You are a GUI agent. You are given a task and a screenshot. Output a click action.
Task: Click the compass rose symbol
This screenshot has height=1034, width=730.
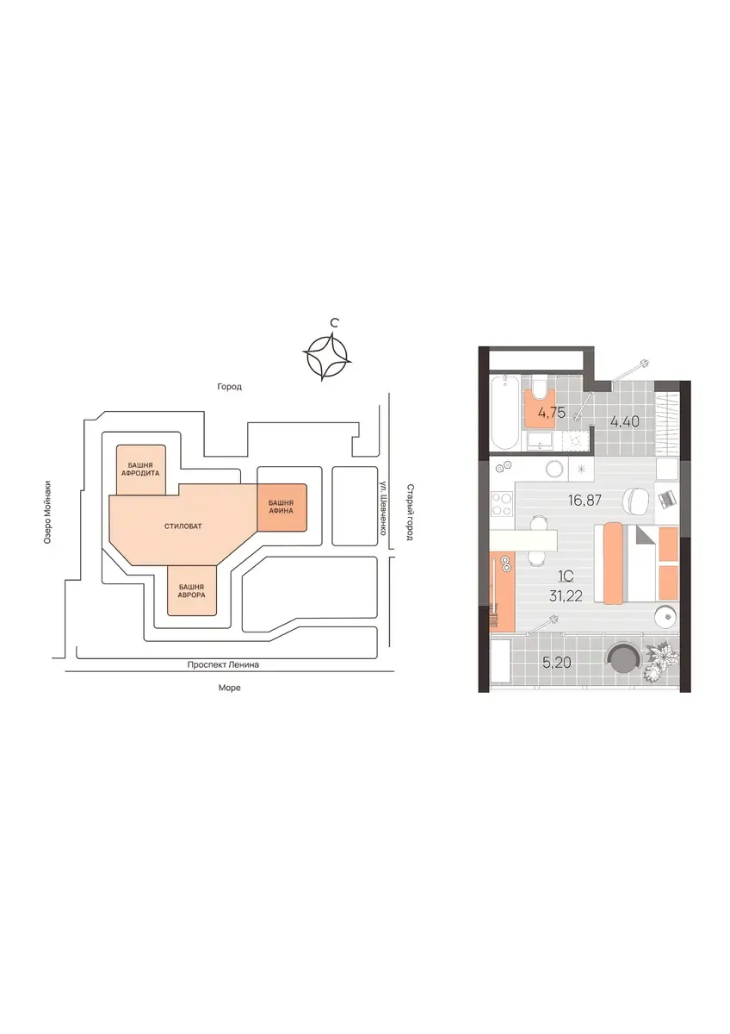tap(327, 358)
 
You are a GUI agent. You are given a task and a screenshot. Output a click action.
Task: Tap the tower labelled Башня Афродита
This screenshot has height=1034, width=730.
tap(140, 470)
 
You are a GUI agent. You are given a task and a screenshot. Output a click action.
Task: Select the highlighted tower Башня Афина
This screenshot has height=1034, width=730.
tap(281, 507)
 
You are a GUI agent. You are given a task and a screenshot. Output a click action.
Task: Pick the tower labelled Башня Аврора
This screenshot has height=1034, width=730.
tap(192, 591)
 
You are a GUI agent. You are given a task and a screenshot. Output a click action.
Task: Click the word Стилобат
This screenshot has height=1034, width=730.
tap(182, 526)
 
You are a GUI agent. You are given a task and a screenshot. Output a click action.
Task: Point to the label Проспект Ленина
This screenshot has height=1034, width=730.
tap(223, 665)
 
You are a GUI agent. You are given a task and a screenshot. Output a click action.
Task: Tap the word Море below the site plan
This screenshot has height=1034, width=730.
tap(229, 688)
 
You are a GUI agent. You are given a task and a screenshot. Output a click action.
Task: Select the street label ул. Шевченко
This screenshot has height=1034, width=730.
tap(382, 508)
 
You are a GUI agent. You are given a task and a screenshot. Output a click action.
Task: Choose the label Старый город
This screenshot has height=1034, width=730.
tap(410, 512)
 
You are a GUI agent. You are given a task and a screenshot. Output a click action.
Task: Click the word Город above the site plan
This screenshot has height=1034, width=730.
tap(229, 387)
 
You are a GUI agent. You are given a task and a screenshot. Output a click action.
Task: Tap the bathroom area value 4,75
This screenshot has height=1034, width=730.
tap(552, 413)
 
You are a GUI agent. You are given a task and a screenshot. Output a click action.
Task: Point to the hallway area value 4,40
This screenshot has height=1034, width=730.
tap(624, 421)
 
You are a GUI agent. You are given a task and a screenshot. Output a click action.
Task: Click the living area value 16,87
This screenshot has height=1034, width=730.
tap(585, 500)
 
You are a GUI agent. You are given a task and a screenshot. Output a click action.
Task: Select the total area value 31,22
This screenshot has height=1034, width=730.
tap(566, 596)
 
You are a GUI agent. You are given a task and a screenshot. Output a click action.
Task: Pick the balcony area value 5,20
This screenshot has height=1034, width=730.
tap(557, 663)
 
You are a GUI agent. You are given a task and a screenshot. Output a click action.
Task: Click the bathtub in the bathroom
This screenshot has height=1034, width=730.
tap(504, 413)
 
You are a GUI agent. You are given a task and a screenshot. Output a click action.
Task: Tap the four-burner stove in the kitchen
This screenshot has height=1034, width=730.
tap(502, 504)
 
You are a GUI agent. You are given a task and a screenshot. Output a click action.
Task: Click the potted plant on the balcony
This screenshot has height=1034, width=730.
tap(662, 661)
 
